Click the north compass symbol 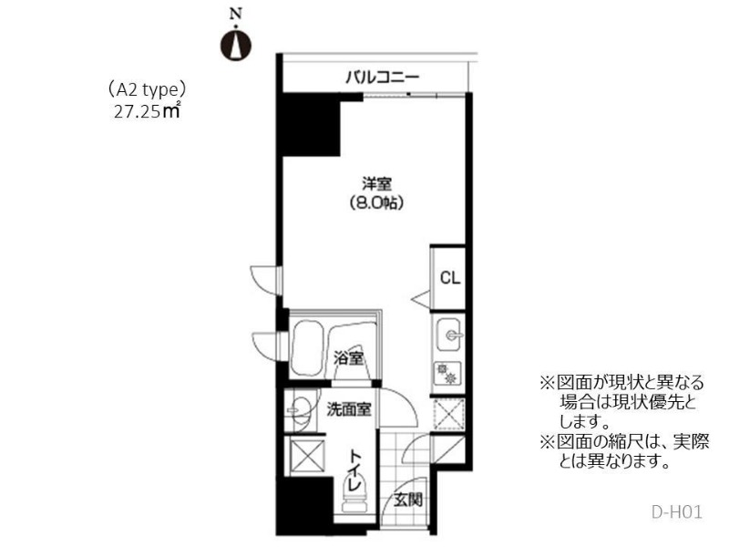(236, 44)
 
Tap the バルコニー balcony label (382, 77)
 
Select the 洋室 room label (376, 184)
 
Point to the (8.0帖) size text (376, 203)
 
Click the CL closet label (449, 278)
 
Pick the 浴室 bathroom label (349, 358)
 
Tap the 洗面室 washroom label (349, 409)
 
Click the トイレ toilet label (355, 470)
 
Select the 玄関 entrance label (408, 500)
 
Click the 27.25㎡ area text (147, 112)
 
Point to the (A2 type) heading (147, 89)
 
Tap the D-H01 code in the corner (676, 512)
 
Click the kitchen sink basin (448, 335)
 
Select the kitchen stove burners (447, 374)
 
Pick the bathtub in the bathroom (307, 349)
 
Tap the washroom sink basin (301, 410)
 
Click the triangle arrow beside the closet (421, 299)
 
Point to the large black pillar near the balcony (312, 124)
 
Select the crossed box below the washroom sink (307, 456)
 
